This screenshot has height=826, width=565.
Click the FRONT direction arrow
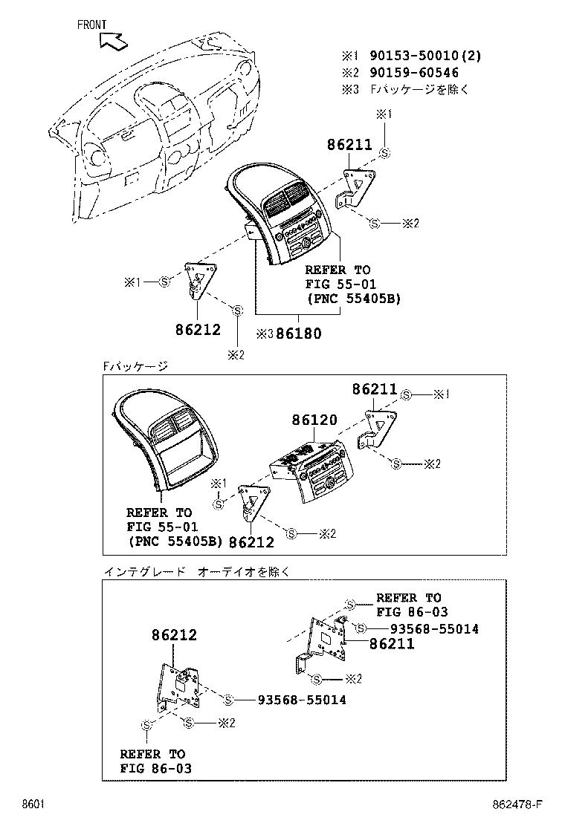tap(112, 41)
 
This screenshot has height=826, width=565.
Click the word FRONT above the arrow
tap(92, 25)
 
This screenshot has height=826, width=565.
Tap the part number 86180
tap(299, 334)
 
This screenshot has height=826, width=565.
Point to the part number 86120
tap(314, 420)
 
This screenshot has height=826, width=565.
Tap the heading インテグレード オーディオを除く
tap(195, 572)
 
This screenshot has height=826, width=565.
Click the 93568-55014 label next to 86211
tap(428, 629)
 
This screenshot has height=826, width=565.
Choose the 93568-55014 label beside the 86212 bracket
tap(301, 700)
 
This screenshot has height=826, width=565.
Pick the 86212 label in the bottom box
tap(174, 635)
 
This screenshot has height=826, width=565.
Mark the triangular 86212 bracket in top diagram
tap(199, 279)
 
